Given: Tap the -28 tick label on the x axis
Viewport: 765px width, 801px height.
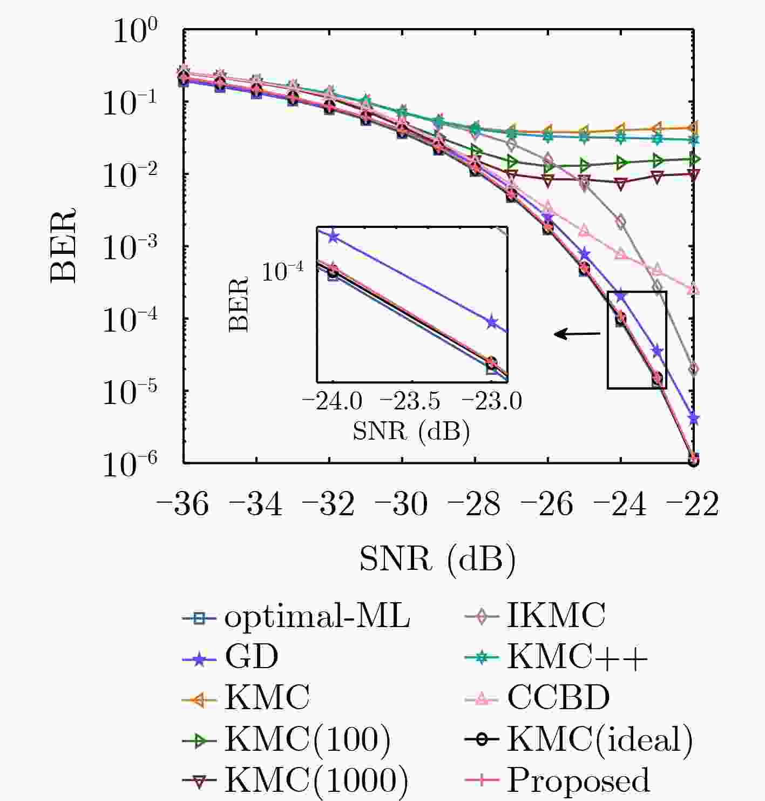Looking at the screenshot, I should click(x=473, y=504).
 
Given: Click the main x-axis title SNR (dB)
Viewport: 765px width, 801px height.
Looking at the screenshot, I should click(x=437, y=559).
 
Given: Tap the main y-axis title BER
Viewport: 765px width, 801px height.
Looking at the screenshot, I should click(x=64, y=246).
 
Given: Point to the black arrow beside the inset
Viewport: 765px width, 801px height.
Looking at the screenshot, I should click(x=577, y=334).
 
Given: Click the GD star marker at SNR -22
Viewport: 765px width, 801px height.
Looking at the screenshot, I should click(x=694, y=419).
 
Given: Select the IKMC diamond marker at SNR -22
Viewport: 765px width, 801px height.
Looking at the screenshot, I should click(x=694, y=369).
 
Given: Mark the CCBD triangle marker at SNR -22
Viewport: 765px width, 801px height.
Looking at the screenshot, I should click(x=694, y=290).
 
